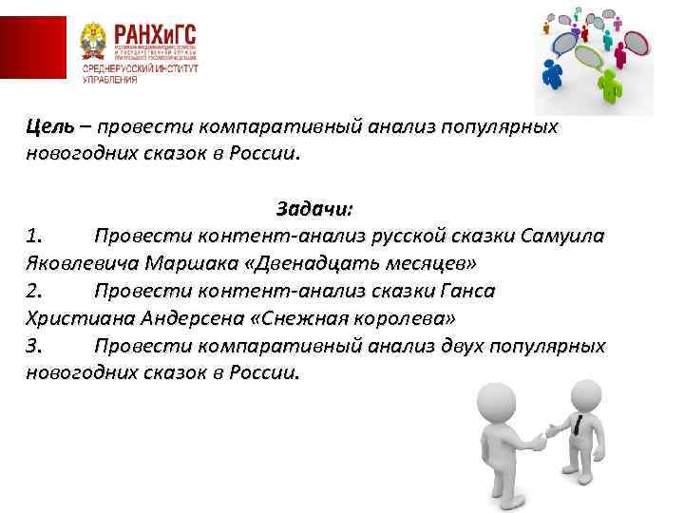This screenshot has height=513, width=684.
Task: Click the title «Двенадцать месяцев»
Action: [384, 261]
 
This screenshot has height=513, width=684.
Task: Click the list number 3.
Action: [34, 346]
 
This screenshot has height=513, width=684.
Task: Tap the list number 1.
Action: [34, 235]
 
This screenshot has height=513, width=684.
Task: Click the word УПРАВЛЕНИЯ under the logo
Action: [109, 80]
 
